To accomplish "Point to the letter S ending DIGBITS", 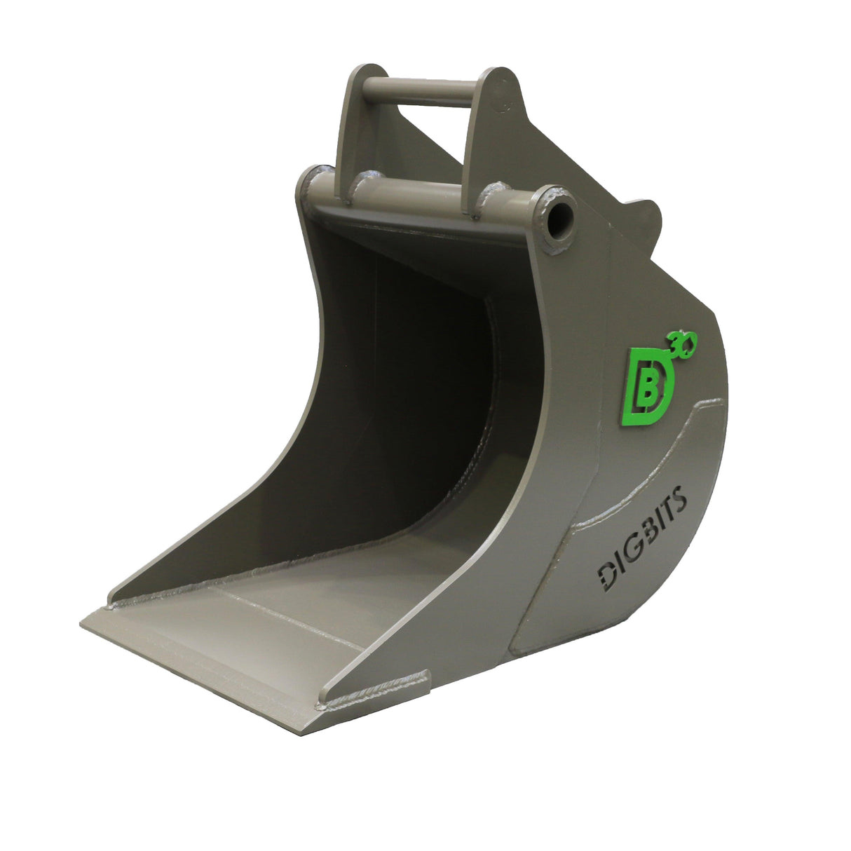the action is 682,499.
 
